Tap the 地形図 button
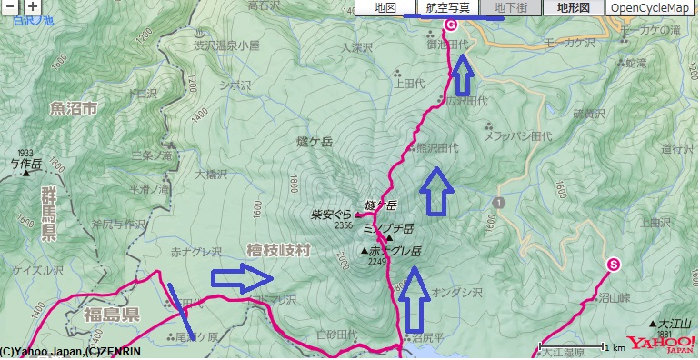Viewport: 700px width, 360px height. pos(573,8)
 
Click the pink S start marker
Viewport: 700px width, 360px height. pos(613,265)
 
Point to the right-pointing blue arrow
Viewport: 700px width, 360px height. pos(242,279)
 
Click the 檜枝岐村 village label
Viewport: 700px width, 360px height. pos(277,249)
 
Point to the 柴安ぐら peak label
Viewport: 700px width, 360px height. pos(331,215)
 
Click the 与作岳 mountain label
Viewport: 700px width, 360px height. pos(25,165)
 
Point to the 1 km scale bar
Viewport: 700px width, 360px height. pos(574,347)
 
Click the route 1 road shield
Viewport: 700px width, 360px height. pos(498,200)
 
